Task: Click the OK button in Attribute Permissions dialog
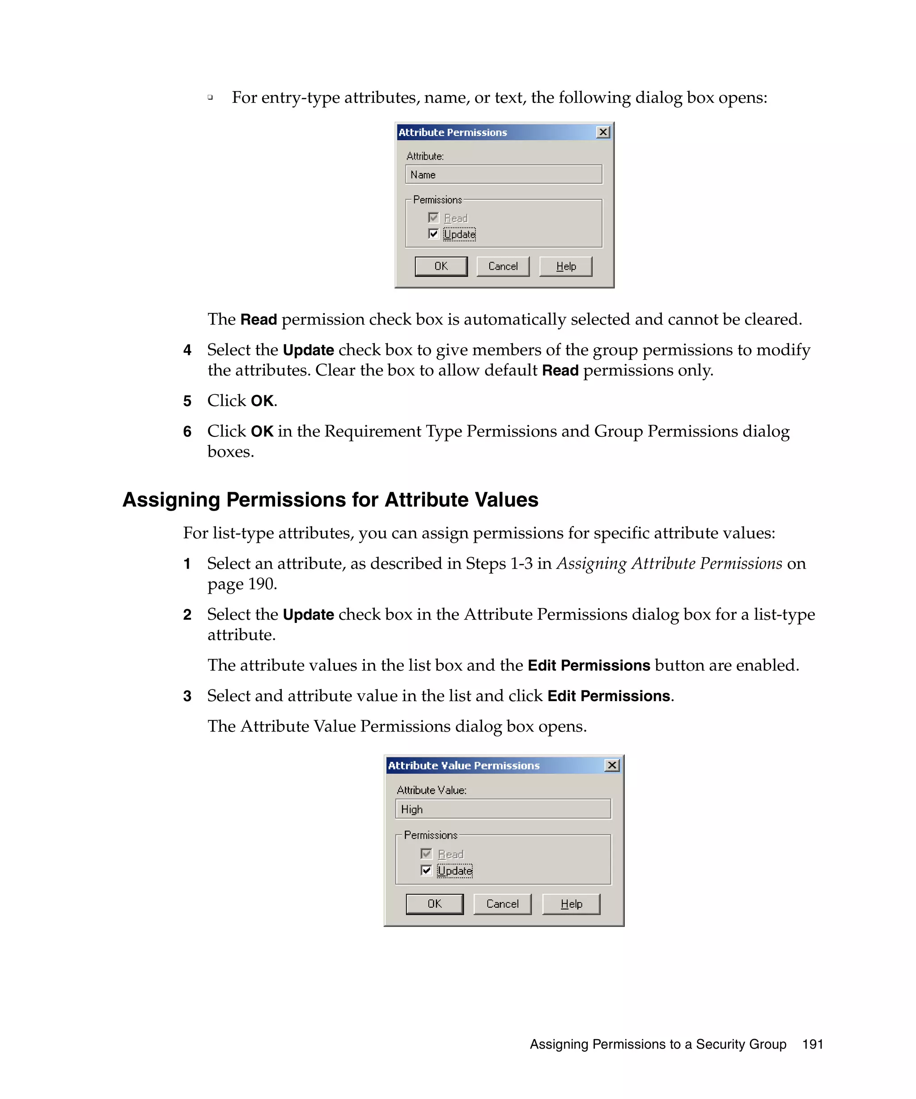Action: [x=441, y=266]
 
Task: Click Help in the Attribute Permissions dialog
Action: [x=565, y=266]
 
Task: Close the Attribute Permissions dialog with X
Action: [x=603, y=132]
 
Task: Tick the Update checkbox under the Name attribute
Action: [x=433, y=234]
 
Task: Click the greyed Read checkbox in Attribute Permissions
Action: [x=433, y=218]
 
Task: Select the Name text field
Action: [x=503, y=175]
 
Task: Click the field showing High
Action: [x=502, y=809]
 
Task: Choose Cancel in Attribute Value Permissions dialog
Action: [x=502, y=904]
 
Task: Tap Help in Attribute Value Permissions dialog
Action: [x=571, y=904]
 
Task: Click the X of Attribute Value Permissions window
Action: [x=611, y=765]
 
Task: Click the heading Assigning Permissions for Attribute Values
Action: [x=330, y=500]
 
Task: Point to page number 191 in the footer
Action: [x=812, y=1044]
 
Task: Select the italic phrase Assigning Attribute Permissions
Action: [x=669, y=564]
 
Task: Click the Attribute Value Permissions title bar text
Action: [x=463, y=765]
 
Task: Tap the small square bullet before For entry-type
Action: [x=210, y=97]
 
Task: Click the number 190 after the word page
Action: [x=261, y=584]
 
